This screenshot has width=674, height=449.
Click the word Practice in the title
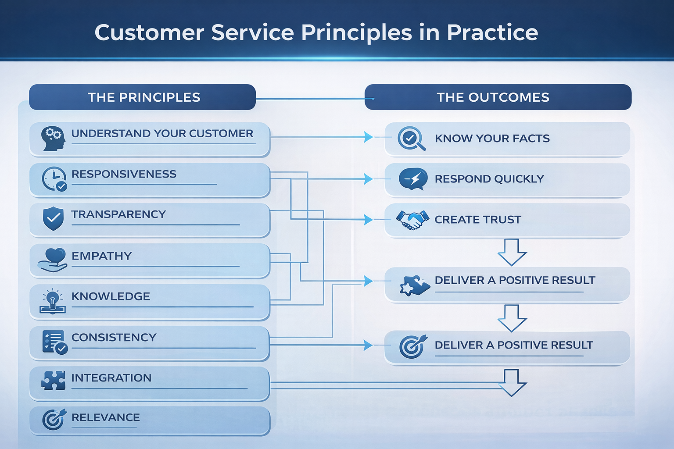click(492, 33)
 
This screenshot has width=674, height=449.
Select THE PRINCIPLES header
click(143, 97)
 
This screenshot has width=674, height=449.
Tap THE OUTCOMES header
click(493, 97)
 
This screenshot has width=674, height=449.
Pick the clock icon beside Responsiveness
click(54, 179)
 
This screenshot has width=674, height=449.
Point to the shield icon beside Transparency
click(54, 218)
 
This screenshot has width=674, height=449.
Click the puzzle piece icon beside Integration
click(54, 380)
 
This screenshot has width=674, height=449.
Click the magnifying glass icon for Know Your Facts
click(411, 139)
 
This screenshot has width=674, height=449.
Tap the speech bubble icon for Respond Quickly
click(413, 179)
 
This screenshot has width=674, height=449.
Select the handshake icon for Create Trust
click(412, 220)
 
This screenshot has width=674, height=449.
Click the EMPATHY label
click(102, 256)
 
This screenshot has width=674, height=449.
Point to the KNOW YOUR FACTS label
click(492, 139)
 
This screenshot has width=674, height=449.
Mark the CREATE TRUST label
click(478, 220)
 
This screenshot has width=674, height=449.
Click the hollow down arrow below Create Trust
click(512, 253)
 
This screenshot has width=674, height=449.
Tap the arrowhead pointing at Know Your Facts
click(369, 137)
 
